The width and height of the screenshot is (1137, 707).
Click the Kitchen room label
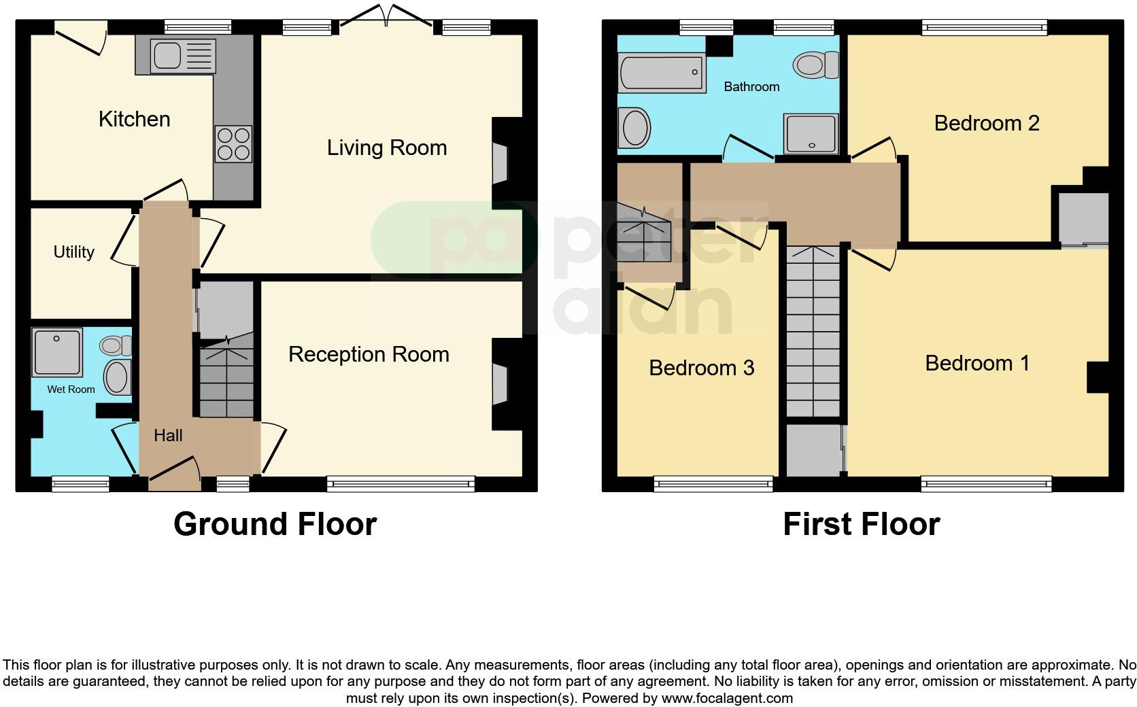pos(134,119)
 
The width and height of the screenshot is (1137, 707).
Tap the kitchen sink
pos(176,56)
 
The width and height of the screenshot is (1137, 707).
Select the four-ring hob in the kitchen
pos(233,144)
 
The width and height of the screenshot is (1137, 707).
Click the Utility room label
pos(73,252)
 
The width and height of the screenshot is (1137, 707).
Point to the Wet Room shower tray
pos(57,351)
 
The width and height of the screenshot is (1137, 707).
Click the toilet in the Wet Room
pos(116,345)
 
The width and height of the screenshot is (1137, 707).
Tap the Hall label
pos(167,435)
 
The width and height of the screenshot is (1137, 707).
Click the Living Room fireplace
pos(500,163)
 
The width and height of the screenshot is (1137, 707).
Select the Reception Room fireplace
pos(500,383)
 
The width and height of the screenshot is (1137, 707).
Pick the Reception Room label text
pos(369,354)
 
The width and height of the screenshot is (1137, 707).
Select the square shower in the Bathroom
pos(811,133)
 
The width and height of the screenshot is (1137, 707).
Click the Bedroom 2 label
pos(987,123)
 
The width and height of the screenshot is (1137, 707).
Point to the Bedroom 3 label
pos(701,368)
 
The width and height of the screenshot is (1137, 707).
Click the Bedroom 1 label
pos(977,363)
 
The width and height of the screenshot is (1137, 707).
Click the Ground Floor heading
pos(275,524)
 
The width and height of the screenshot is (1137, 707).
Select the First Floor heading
pos(861,524)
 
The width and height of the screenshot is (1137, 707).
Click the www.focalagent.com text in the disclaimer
pos(727,698)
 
